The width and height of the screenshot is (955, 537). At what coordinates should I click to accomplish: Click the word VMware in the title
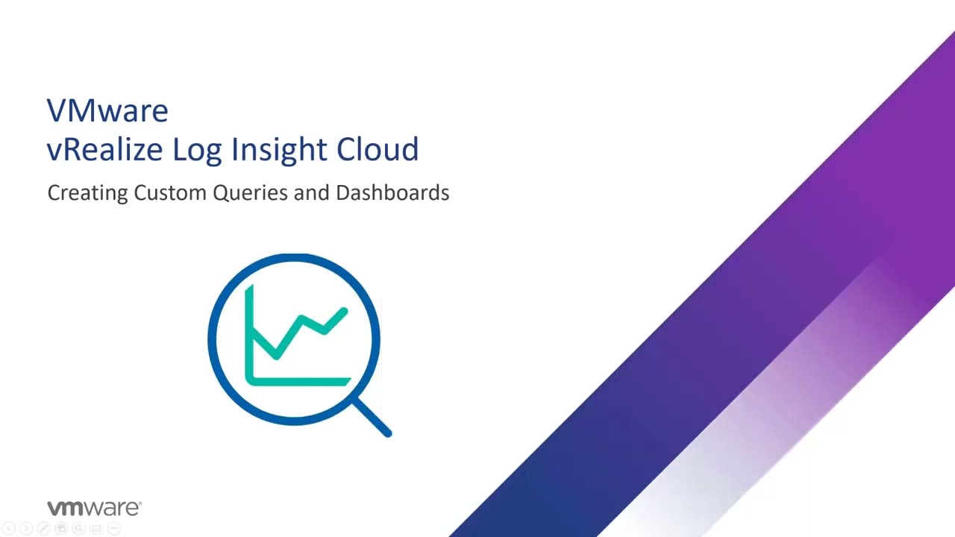pos(107,111)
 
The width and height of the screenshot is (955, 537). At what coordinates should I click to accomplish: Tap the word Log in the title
pos(197,151)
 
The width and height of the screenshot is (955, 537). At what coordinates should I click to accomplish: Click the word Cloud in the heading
pos(378,149)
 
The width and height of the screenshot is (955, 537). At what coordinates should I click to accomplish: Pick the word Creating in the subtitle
pos(87,193)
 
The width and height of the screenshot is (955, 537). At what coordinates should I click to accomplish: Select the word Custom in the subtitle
pos(171,192)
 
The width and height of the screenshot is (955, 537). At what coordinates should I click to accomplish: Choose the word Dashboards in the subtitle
pos(392,192)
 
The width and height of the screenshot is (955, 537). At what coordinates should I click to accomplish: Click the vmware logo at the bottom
pos(94,508)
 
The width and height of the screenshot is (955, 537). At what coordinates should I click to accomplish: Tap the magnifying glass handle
pos(372,418)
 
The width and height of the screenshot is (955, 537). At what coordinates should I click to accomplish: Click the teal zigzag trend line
pos(300,333)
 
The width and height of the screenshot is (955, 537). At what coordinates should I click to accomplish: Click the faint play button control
pos(26,529)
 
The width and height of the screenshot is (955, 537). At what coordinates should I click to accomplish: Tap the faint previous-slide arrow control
pos(9,529)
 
